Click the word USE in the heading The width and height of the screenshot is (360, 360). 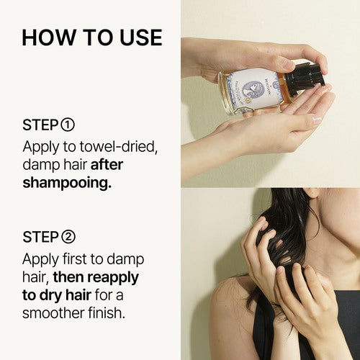click(x=141, y=37)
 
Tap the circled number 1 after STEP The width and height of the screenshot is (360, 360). click(x=68, y=125)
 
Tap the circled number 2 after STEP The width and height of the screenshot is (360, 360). click(x=68, y=237)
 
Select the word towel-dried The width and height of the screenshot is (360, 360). click(x=119, y=146)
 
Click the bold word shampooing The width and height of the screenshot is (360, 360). click(x=67, y=184)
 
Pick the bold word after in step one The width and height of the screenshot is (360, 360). click(x=107, y=165)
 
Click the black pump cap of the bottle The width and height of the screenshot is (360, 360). click(x=305, y=77)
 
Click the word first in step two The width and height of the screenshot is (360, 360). click(x=75, y=259)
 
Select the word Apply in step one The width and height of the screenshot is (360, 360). click(x=41, y=147)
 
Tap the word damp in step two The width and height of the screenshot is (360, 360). click(x=125, y=259)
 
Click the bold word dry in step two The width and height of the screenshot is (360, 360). click(x=50, y=296)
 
